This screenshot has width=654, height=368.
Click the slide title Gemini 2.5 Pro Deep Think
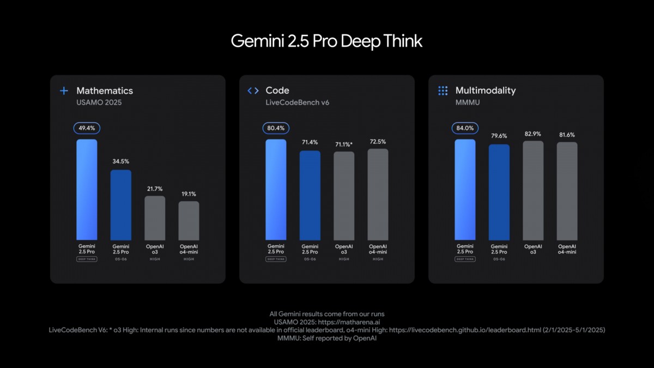pyautogui.click(x=326, y=41)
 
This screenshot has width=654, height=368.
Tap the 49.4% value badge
pyautogui.click(x=87, y=128)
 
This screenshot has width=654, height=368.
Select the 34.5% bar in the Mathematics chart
pyautogui.click(x=121, y=204)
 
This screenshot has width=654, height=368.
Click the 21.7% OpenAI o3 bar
pyautogui.click(x=155, y=218)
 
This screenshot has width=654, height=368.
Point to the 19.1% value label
pyautogui.click(x=189, y=194)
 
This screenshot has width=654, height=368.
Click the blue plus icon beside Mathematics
pyautogui.click(x=64, y=91)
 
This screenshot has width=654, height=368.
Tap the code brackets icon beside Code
pyautogui.click(x=253, y=91)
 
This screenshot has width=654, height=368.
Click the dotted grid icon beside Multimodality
pyautogui.click(x=443, y=91)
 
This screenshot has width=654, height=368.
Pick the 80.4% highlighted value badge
pyautogui.click(x=276, y=128)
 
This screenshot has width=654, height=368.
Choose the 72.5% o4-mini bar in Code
pyautogui.click(x=378, y=194)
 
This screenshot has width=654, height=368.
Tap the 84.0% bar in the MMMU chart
pyautogui.click(x=465, y=189)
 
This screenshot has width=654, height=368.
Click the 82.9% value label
pyautogui.click(x=533, y=134)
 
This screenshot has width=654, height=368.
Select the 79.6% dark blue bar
pyautogui.click(x=499, y=192)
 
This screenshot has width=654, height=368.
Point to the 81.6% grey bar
pyautogui.click(x=567, y=191)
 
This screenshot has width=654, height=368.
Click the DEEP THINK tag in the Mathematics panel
pyautogui.click(x=87, y=260)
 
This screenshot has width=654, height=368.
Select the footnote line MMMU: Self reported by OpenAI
pyautogui.click(x=326, y=338)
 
